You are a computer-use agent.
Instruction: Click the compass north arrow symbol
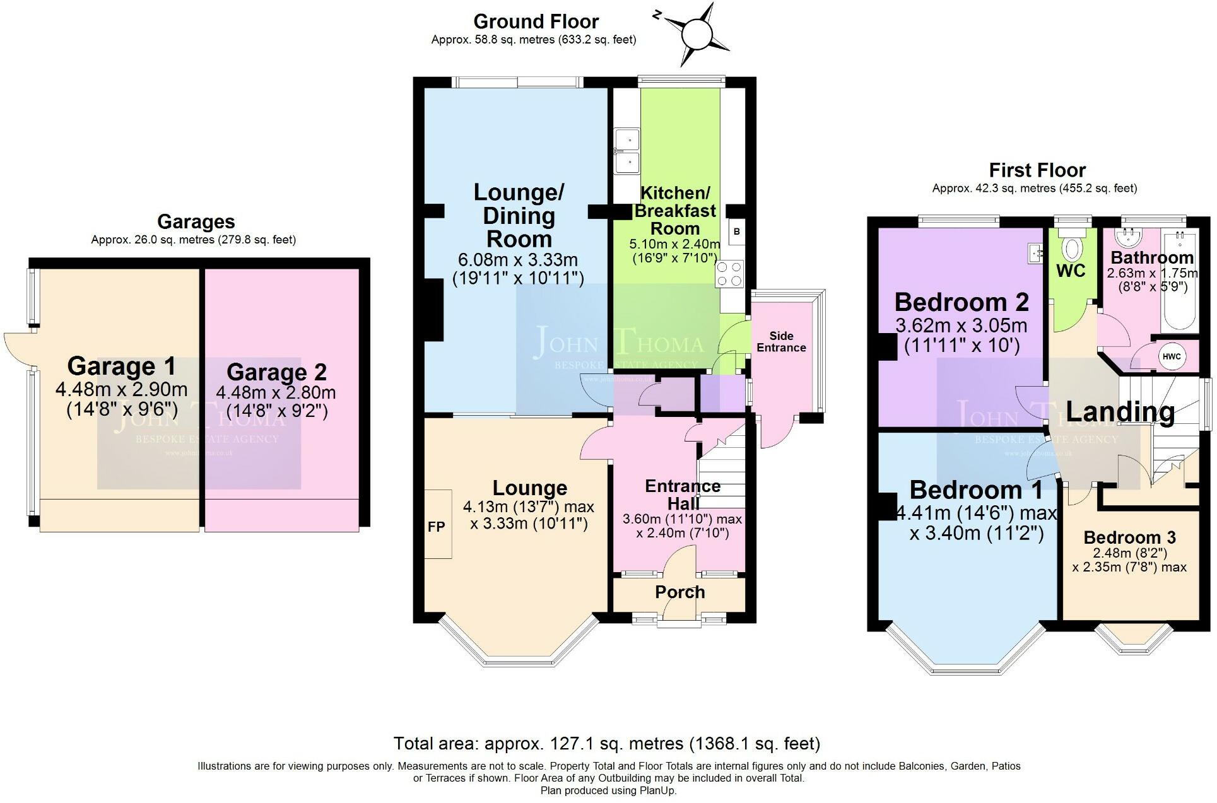click(x=695, y=34)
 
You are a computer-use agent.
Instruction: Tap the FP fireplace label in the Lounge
click(x=436, y=527)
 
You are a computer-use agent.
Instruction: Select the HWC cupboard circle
click(x=1171, y=356)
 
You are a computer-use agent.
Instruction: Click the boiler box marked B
click(x=736, y=232)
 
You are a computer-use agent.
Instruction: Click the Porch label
click(x=679, y=592)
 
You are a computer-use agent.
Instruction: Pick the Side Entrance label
click(x=781, y=342)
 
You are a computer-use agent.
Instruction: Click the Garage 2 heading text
click(x=276, y=372)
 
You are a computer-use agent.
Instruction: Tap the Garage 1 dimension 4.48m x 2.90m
click(x=121, y=389)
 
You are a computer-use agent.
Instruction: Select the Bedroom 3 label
click(x=1129, y=537)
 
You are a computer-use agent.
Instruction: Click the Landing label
click(x=1120, y=412)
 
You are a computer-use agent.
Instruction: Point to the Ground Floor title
click(x=536, y=22)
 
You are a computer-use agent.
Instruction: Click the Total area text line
click(x=606, y=744)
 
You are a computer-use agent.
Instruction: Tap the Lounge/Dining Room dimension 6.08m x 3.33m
click(x=519, y=260)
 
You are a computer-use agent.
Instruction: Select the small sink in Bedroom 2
click(x=1035, y=254)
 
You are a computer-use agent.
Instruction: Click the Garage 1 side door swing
click(x=18, y=344)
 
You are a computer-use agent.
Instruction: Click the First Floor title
click(x=1037, y=170)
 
